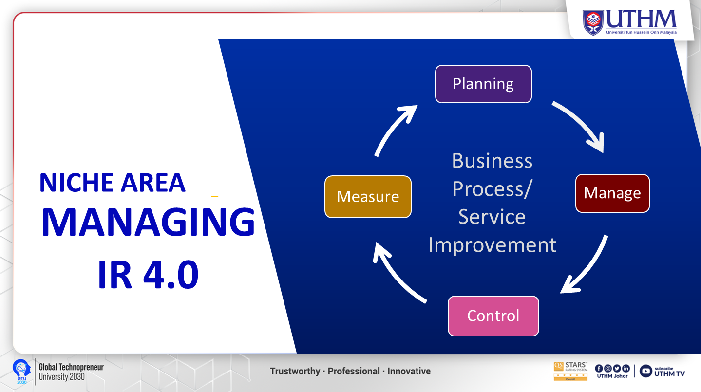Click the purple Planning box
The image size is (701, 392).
pyautogui.click(x=483, y=84)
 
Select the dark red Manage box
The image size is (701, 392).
pyautogui.click(x=612, y=193)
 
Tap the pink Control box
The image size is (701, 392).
pyautogui.click(x=493, y=316)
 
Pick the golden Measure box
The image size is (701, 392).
pyautogui.click(x=368, y=196)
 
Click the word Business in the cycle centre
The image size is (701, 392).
pyautogui.click(x=492, y=161)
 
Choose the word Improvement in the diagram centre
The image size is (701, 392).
pyautogui.click(x=493, y=245)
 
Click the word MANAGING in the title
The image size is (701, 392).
pyautogui.click(x=148, y=222)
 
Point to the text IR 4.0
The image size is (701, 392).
pyautogui.click(x=148, y=274)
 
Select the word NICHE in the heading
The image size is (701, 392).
pyautogui.click(x=76, y=183)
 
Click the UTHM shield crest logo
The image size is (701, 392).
pyautogui.click(x=593, y=22)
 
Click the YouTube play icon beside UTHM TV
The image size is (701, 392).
pyautogui.click(x=645, y=371)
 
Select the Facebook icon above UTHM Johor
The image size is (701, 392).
pyautogui.click(x=599, y=369)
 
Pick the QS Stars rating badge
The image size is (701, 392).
pyautogui.click(x=570, y=371)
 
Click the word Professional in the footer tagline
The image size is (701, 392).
pyautogui.click(x=354, y=372)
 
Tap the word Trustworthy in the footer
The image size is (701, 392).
pyautogui.click(x=295, y=372)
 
